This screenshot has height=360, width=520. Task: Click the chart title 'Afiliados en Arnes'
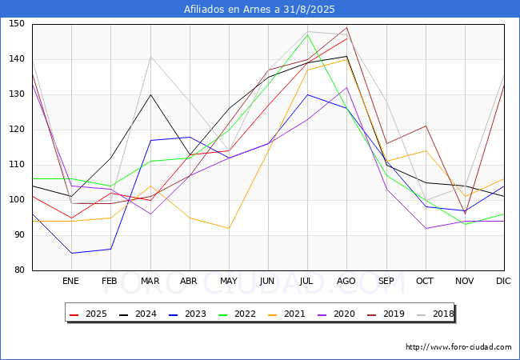coord(260,10)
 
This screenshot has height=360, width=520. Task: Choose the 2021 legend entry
coord(287,313)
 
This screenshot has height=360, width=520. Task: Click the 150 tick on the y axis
coord(17,24)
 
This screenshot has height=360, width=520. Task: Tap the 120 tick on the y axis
coord(17,130)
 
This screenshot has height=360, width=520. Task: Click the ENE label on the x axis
coord(71,281)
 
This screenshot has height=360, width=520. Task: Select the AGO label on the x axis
coord(346,281)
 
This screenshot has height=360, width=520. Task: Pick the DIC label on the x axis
coord(503,281)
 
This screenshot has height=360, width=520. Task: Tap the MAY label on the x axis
coord(229,281)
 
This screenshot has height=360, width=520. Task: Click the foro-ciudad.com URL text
coord(458,347)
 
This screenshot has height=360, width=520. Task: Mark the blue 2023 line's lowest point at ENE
coord(71,253)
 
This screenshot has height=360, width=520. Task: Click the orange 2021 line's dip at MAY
coord(229,228)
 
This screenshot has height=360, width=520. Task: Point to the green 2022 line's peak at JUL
coord(307,34)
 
